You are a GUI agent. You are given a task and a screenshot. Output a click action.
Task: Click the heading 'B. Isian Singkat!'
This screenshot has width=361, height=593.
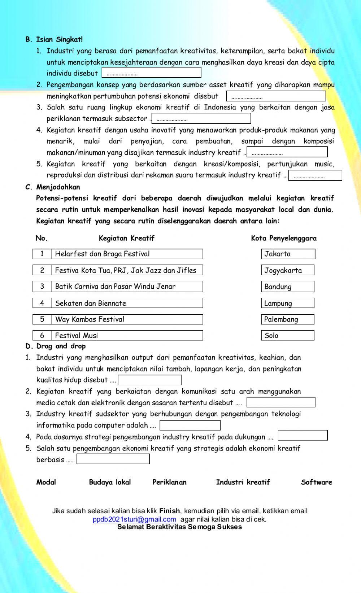point(54,39)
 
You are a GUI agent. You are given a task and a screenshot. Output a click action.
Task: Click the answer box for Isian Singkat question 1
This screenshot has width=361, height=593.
point(151,73)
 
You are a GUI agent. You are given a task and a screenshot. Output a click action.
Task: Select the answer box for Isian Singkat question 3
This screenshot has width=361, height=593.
point(201,118)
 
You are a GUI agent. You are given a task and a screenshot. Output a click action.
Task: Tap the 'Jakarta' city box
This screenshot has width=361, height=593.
point(288,254)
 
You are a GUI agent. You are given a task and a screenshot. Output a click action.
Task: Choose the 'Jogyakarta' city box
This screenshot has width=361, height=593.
point(287,270)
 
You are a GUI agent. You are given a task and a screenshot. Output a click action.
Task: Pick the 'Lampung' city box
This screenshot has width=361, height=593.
point(287,303)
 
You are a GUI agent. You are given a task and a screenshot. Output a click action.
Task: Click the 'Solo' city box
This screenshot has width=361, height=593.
point(287,335)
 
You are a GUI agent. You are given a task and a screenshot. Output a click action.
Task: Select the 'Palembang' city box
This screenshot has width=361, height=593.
point(287,319)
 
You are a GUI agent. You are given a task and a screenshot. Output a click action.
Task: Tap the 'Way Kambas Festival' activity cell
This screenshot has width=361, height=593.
point(127,319)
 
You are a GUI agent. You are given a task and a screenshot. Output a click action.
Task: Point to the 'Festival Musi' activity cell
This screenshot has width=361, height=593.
point(127,335)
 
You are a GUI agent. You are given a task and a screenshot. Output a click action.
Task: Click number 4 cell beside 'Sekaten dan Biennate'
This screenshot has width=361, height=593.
point(42,303)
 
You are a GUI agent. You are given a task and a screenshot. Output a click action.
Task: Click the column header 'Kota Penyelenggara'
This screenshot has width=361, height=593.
point(284,238)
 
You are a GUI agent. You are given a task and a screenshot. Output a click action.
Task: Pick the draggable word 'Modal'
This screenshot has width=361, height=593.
point(46,482)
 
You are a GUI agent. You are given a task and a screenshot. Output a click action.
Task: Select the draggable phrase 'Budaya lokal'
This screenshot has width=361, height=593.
point(110,482)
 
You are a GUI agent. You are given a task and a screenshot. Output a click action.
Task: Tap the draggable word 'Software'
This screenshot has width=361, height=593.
point(316,482)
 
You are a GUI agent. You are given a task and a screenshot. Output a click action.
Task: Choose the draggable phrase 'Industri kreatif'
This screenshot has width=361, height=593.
point(243,482)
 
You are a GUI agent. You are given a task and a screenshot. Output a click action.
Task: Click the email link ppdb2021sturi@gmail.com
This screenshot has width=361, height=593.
point(134,519)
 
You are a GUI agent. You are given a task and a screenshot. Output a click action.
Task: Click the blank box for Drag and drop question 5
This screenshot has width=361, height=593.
point(113,459)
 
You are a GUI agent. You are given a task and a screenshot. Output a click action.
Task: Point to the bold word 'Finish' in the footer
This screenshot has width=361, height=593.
point(169,511)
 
